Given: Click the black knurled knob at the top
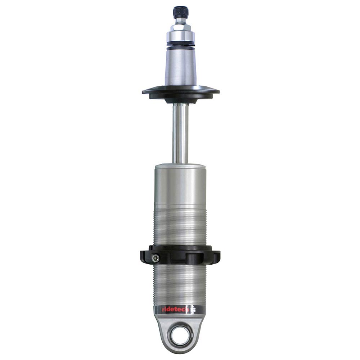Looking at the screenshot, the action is [180, 13].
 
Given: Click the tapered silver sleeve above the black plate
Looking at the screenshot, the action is [181, 68].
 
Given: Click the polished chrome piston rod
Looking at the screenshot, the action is [181, 133].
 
